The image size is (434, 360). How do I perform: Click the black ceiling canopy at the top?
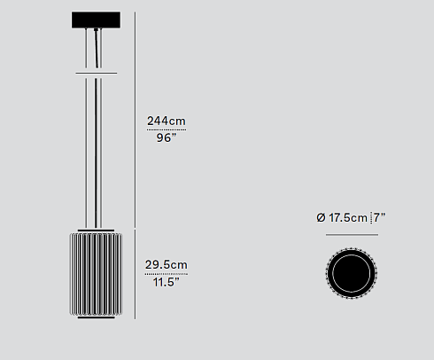coord(97,20)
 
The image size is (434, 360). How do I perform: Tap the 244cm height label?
coord(166,121)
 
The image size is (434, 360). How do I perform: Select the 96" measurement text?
coord(165,139)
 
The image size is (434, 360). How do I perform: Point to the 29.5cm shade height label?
coord(166,264)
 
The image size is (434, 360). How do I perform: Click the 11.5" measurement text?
coord(166,282)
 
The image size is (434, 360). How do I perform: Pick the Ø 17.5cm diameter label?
coord(341,217)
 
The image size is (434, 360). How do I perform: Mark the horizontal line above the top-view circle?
coord(352,235)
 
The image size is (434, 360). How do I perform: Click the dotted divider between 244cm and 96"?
coord(166,130)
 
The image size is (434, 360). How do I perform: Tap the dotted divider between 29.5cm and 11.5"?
coord(166,273)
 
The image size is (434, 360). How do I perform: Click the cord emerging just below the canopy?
coord(96,40)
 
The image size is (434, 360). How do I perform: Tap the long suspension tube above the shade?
coord(97,151)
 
